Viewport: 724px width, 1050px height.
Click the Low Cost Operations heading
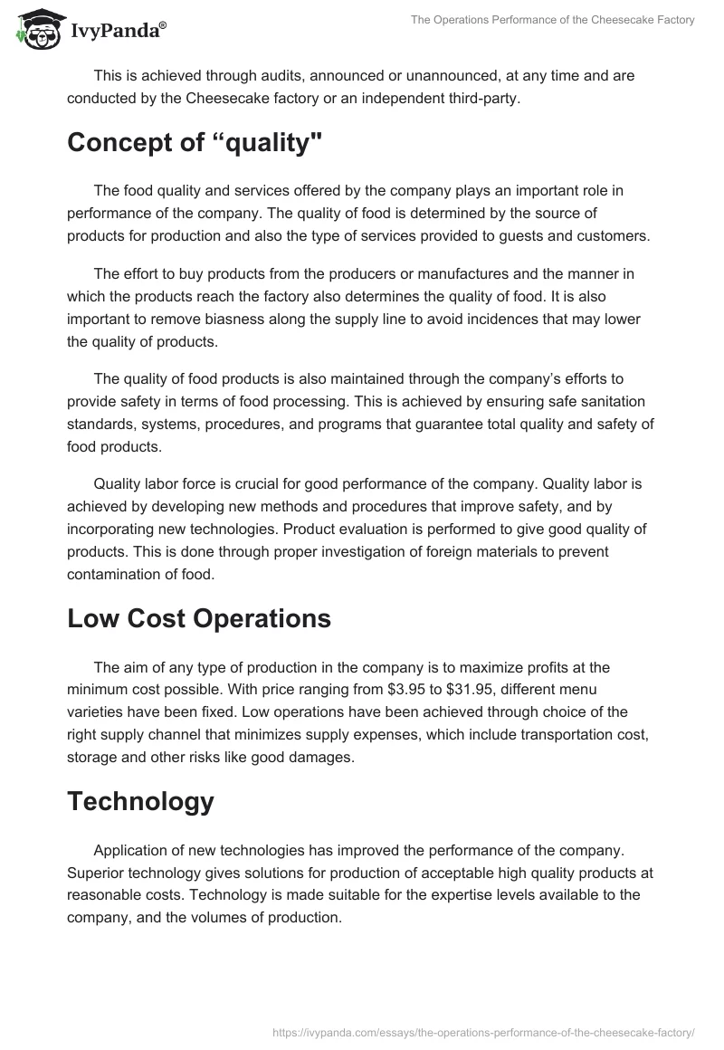tap(199, 618)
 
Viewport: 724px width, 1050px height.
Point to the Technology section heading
tap(140, 801)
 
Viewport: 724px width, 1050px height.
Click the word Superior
tap(98, 873)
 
